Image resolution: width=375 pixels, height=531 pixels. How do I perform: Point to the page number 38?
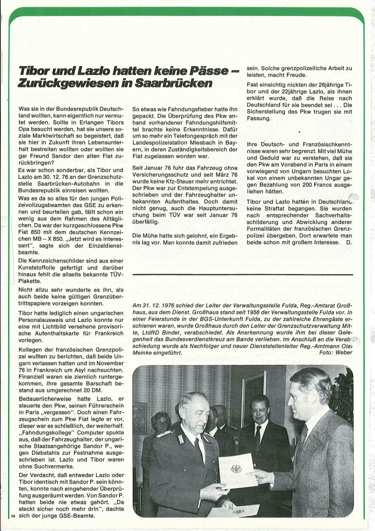pos(13,516)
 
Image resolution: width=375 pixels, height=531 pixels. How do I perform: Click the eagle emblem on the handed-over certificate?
pos(236,468)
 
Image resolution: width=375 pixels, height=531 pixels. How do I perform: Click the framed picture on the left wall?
pos(139,418)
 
